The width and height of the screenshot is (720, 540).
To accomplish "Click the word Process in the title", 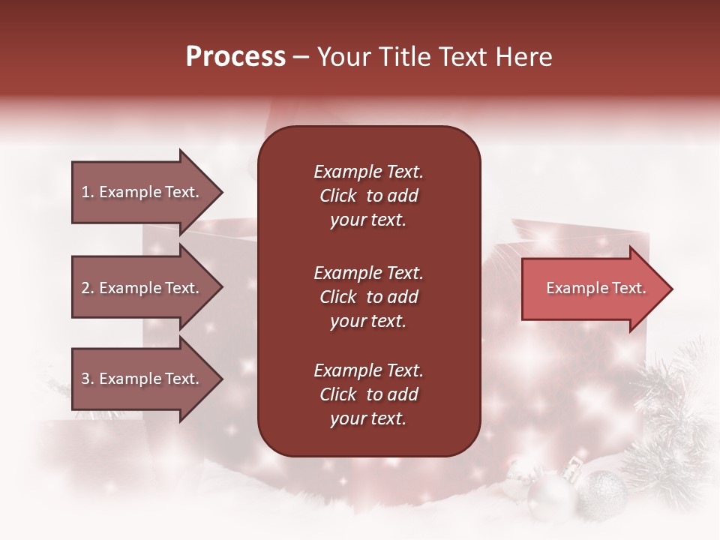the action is (235, 56).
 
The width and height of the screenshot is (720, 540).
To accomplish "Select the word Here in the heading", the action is (523, 56).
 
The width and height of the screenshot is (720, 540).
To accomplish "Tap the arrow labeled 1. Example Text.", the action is (148, 192).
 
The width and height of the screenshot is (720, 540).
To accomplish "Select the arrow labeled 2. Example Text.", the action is (148, 287).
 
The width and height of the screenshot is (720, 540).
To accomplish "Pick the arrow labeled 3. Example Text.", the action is (148, 378).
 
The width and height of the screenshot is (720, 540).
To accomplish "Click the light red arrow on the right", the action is (597, 289).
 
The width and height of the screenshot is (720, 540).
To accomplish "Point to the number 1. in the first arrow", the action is (88, 192).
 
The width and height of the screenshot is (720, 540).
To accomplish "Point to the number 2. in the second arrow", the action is (88, 288).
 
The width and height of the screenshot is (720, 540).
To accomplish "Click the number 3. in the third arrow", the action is (88, 378).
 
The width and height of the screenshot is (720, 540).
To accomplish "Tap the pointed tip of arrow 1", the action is (223, 192).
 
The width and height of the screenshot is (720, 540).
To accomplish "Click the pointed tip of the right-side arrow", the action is (673, 289).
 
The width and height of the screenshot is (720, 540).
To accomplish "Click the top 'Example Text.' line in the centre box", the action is (369, 172).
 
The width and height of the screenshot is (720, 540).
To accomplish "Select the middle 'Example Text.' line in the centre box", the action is (369, 273).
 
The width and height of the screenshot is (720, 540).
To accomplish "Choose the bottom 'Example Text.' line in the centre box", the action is (369, 370).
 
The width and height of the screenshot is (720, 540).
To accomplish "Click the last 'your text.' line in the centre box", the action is (368, 418).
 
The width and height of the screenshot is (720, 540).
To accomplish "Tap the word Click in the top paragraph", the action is (338, 196).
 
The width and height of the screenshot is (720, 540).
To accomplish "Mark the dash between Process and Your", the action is (301, 58).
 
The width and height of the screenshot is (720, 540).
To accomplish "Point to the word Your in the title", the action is (344, 56).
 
